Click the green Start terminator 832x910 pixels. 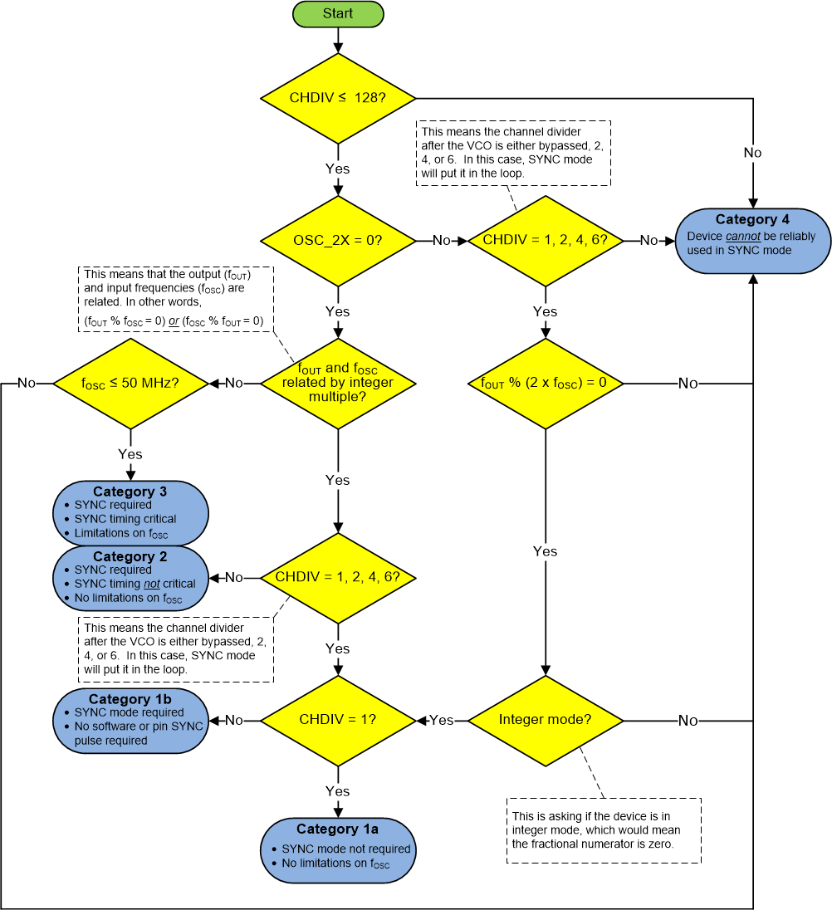click(x=338, y=14)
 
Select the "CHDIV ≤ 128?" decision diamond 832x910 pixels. click(x=338, y=98)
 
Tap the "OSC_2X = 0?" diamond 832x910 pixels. click(x=338, y=240)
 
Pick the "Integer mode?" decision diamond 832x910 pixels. click(x=545, y=720)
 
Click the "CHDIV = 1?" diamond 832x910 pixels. click(x=338, y=720)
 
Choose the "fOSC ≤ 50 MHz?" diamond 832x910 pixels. click(x=130, y=383)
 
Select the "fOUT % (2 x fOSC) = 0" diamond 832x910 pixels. click(x=545, y=384)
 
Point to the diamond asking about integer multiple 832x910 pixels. click(x=338, y=383)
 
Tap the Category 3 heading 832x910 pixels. click(x=130, y=492)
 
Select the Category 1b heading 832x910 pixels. click(x=130, y=698)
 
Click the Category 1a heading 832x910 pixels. click(x=337, y=829)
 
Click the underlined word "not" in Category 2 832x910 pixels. click(x=151, y=584)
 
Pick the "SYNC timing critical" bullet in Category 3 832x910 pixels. click(x=125, y=519)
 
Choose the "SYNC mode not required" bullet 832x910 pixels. click(x=345, y=849)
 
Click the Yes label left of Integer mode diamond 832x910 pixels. click(x=442, y=720)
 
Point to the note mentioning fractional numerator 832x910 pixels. click(x=604, y=830)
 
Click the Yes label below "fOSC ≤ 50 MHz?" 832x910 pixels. click(x=130, y=454)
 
